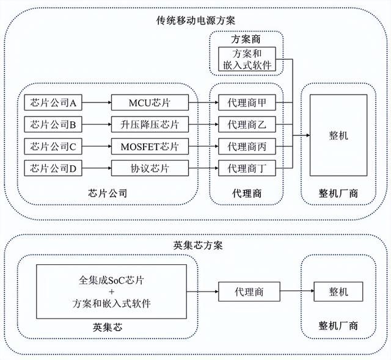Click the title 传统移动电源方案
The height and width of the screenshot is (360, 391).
(x=195, y=21)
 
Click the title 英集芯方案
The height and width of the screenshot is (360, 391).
(x=195, y=245)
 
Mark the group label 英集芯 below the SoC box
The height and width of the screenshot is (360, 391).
(x=110, y=327)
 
